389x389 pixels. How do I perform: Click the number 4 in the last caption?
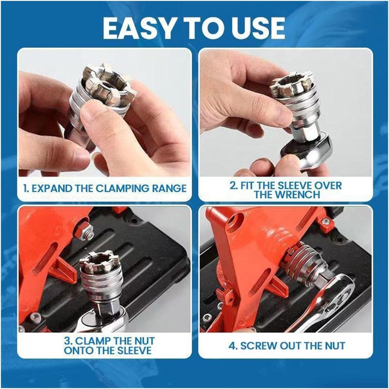point(232,346)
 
